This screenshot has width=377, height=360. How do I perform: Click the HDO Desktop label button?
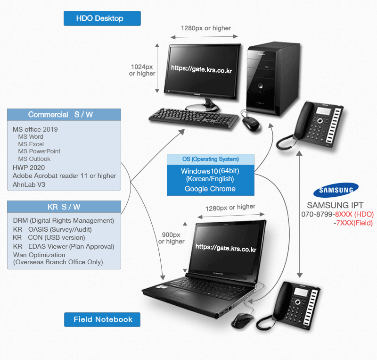[x=102, y=18]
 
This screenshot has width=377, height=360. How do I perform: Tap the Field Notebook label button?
[x=102, y=319]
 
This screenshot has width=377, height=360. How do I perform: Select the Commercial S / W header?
[x=64, y=115]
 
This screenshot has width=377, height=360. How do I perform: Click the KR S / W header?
[x=64, y=207]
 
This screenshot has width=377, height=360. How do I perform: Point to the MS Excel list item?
[x=31, y=144]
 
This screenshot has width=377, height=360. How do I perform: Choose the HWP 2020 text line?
[x=29, y=167]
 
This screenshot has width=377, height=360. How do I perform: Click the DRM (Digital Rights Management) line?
[x=64, y=220]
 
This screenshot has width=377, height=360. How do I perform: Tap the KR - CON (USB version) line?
[x=49, y=238]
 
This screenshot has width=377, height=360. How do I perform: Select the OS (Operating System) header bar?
[x=210, y=159]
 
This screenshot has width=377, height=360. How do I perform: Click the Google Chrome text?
[x=210, y=189]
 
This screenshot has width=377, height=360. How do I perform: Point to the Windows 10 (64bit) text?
[x=210, y=171]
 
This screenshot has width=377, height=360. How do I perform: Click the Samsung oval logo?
[x=336, y=190]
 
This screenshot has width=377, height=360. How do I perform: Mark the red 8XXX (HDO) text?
[x=354, y=214]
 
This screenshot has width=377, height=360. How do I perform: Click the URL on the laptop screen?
[x=225, y=248]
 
